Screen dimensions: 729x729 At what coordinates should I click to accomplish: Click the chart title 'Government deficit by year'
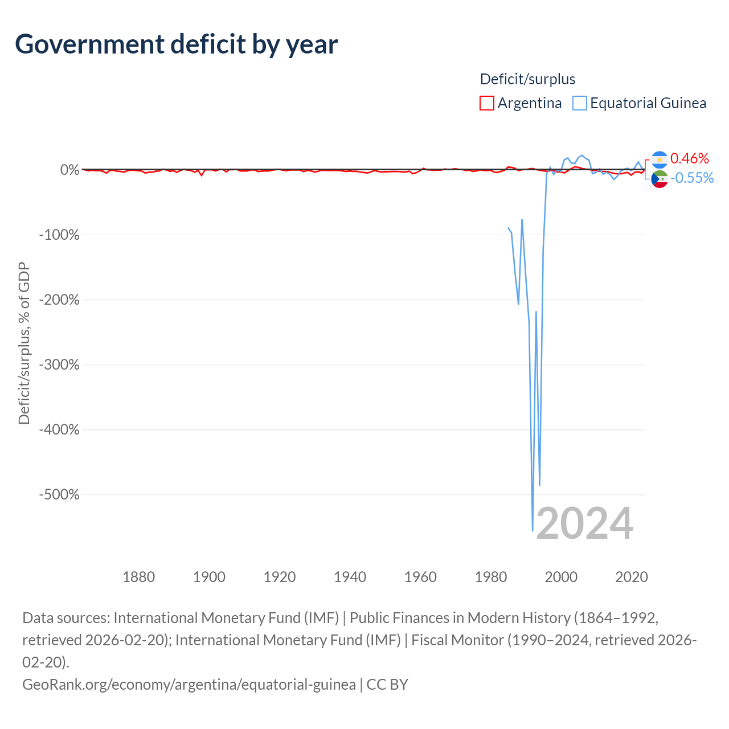(176, 44)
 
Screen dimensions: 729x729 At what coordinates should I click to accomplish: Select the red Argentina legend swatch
(486, 103)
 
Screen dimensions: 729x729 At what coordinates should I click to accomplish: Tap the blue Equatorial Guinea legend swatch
(579, 103)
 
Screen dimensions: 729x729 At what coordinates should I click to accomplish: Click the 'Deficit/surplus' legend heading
(527, 79)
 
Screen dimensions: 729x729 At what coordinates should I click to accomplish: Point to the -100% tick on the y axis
(59, 235)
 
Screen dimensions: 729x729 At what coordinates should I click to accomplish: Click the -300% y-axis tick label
(59, 364)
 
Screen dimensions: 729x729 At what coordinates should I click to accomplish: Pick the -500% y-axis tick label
(59, 494)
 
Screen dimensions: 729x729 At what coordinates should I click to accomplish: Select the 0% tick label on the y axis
(70, 170)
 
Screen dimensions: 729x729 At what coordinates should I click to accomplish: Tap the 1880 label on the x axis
(138, 577)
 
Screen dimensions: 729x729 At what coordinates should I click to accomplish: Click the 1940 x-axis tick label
(350, 577)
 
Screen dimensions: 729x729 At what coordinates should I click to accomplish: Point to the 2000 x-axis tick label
(561, 577)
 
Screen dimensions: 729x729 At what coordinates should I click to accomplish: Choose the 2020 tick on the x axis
(632, 577)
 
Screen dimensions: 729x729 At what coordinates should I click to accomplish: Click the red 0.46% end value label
(689, 158)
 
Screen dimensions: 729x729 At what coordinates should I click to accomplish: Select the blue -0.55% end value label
(692, 178)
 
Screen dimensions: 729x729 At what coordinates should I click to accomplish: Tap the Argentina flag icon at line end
(660, 159)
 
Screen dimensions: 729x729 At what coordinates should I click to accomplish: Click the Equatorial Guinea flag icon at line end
(660, 179)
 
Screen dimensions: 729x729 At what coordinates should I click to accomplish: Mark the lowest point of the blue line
(533, 531)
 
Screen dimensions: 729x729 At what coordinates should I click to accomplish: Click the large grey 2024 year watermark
(584, 523)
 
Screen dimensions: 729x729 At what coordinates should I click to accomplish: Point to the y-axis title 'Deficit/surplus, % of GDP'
(24, 343)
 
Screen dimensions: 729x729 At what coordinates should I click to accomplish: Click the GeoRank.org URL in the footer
(189, 685)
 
